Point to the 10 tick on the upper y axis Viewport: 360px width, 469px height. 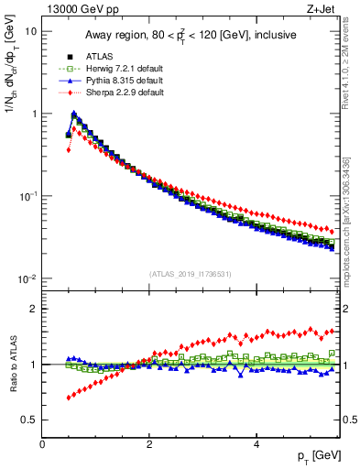31,31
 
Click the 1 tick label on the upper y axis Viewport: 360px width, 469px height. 33,114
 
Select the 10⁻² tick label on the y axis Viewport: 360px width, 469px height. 27,278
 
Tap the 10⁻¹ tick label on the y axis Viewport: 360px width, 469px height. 27,196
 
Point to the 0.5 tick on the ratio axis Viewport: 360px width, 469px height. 29,420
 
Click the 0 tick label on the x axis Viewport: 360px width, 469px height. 43,443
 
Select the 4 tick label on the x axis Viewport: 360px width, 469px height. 256,443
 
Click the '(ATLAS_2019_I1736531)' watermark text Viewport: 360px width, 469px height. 191,274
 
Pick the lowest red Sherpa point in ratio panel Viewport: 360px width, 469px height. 68,398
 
